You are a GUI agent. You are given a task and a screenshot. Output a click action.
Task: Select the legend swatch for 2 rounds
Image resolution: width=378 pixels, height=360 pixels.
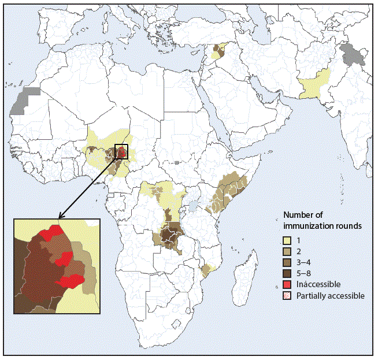tap(287, 252)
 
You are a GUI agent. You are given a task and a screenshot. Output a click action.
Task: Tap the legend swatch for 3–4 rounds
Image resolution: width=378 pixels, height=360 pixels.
tap(287, 263)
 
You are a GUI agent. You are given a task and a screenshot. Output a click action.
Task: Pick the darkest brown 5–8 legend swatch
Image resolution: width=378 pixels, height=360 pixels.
tap(287, 274)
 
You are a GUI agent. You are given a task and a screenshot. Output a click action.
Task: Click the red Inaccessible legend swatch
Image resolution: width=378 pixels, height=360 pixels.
tap(287, 285)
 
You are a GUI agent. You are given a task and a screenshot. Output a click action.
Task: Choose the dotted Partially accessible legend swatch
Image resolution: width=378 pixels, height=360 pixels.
tap(287, 295)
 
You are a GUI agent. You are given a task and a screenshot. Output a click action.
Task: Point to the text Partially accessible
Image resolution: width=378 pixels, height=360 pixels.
tap(330, 295)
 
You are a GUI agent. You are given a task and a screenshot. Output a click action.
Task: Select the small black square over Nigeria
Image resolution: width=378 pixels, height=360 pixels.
tap(121, 151)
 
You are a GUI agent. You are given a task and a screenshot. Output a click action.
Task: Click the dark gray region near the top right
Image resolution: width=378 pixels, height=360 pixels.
tap(349, 55)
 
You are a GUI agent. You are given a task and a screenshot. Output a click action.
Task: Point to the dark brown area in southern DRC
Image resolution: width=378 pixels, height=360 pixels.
tap(169, 236)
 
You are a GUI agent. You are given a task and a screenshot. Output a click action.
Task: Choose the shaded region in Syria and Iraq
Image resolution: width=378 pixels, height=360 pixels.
tap(218, 51)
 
